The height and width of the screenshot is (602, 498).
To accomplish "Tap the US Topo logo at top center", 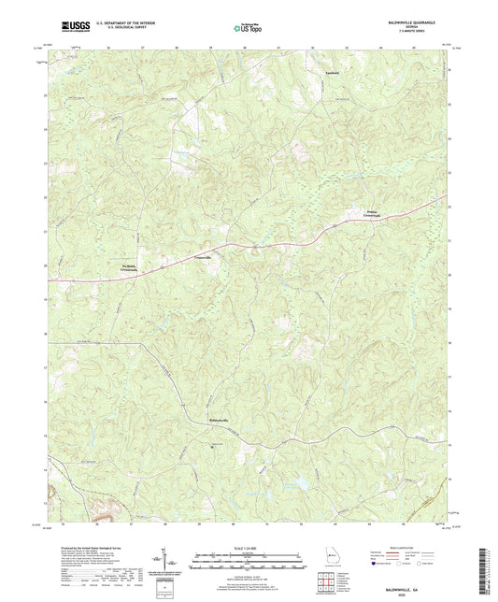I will click(x=249, y=29).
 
